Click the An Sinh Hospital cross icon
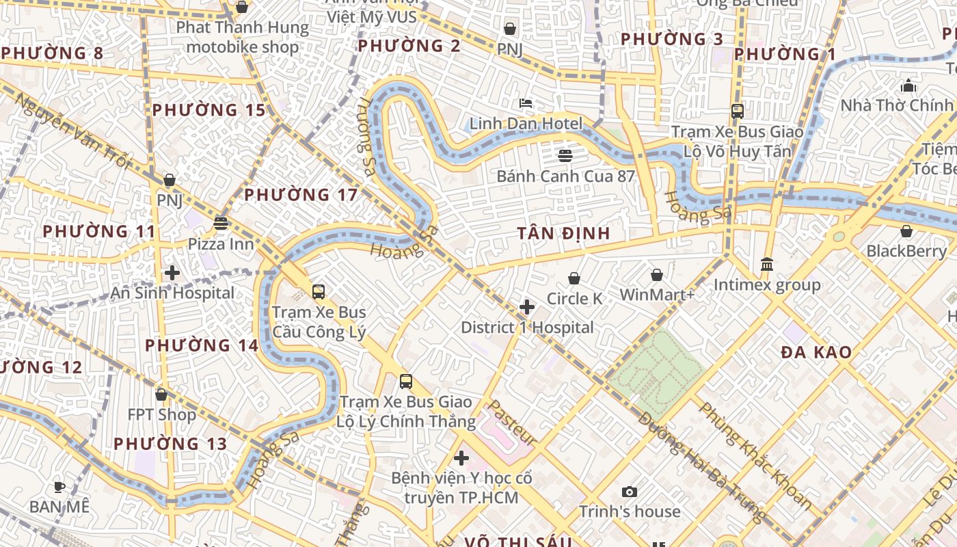(172, 273)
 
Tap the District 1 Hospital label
(527, 328)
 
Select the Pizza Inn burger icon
(220, 223)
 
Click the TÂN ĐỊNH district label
(563, 233)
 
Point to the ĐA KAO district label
(816, 353)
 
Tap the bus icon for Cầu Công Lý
(319, 292)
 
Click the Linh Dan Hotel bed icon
(526, 103)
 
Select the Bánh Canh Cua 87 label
(565, 176)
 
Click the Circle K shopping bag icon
(574, 278)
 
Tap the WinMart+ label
(657, 295)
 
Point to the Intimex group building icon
(767, 264)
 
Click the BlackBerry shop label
(906, 251)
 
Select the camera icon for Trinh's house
(630, 492)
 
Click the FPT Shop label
(161, 414)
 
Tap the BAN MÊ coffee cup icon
(59, 487)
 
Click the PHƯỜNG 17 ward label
(301, 195)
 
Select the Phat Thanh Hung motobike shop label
(242, 38)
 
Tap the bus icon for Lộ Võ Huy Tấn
(737, 111)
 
